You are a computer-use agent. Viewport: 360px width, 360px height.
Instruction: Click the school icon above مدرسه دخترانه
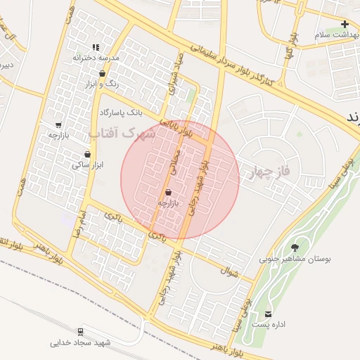click(96, 47)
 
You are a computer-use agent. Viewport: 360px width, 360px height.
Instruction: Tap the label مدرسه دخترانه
click(96, 57)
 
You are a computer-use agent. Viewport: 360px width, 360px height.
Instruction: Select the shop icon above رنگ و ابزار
click(103, 73)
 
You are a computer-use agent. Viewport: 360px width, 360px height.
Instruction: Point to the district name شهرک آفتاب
click(122, 133)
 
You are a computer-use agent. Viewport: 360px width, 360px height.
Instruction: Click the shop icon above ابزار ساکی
click(87, 154)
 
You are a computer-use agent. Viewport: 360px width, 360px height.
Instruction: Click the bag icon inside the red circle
click(168, 192)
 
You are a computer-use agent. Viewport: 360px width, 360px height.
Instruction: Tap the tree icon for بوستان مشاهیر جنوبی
click(294, 247)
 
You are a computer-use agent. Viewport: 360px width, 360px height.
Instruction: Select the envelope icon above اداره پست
click(268, 314)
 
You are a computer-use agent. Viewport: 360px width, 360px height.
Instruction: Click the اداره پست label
click(268, 325)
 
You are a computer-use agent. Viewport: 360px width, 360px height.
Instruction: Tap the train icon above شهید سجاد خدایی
click(81, 332)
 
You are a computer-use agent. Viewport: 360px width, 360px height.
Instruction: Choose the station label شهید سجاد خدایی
click(81, 343)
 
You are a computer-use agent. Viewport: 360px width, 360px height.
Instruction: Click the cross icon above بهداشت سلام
click(345, 24)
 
